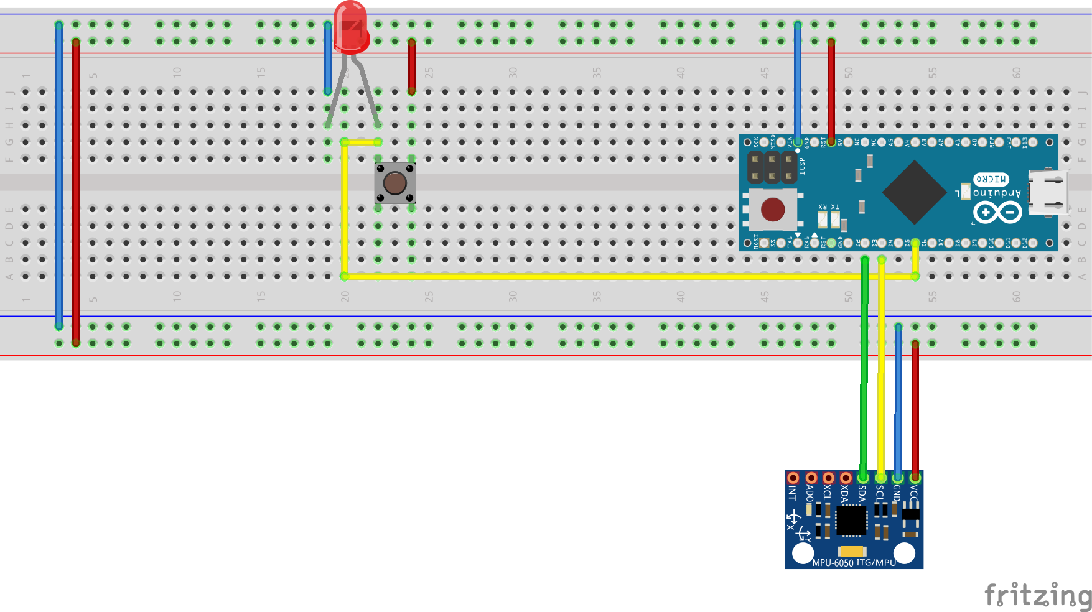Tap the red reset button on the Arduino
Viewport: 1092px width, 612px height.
point(773,210)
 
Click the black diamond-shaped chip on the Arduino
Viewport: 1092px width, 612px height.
point(914,193)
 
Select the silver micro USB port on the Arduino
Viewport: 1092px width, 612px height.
point(1048,192)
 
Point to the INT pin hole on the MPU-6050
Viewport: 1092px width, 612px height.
point(793,478)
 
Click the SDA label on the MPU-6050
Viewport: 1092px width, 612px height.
point(862,494)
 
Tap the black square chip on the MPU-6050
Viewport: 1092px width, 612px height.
point(851,521)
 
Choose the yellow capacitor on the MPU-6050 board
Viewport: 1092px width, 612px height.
point(852,551)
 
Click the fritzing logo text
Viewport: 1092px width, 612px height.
point(1037,595)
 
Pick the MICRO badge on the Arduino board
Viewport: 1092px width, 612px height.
point(991,179)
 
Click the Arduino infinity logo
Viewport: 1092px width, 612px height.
point(997,213)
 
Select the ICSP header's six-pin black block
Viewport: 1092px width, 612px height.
point(772,167)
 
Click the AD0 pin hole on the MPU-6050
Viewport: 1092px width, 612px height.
point(811,478)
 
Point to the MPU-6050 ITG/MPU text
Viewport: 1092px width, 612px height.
point(854,562)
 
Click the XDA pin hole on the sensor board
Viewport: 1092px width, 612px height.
point(846,478)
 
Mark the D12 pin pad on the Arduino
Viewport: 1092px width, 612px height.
point(1032,243)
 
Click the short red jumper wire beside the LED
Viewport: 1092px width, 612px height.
point(412,66)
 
